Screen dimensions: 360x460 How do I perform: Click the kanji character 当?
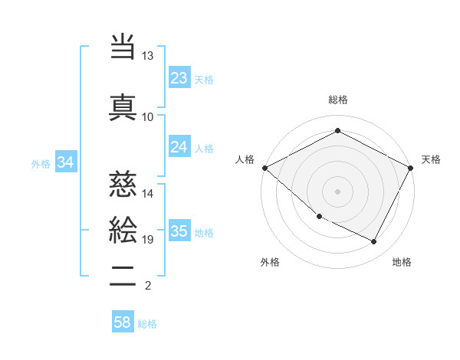coord(123,47)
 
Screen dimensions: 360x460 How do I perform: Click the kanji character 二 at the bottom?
coord(123,277)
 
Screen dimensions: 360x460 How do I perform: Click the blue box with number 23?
coord(179,78)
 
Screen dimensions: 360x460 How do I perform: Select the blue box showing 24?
coord(179,147)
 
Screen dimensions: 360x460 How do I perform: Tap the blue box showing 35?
coord(179,231)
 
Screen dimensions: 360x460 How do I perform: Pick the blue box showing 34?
coord(65,162)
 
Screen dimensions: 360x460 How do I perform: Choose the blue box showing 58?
coord(123,322)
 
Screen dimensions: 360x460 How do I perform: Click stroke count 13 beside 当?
coord(147,56)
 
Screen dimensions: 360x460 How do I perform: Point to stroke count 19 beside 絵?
coord(147,240)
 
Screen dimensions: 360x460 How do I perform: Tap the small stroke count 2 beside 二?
coord(147,286)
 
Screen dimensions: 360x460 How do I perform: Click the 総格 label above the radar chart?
coord(337,100)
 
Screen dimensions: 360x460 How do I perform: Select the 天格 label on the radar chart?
coord(431,159)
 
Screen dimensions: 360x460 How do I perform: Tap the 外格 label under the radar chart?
coord(270,262)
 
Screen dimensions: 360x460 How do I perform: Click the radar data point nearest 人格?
coord(264,167)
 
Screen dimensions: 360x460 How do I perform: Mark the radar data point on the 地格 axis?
coord(374,242)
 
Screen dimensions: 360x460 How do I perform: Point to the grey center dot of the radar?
coord(337,191)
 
